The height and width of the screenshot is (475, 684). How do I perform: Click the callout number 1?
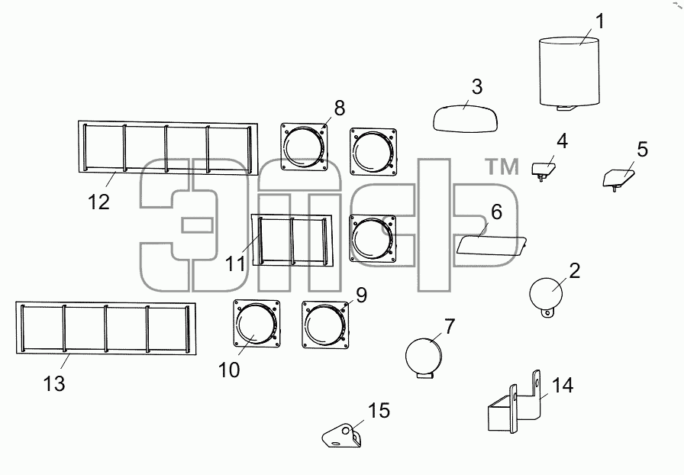coord(600,21)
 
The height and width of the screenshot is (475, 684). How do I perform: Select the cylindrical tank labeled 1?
coord(569,73)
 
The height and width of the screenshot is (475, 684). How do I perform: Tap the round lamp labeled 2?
coord(546,296)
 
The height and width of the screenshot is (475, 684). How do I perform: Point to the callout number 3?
coord(477,87)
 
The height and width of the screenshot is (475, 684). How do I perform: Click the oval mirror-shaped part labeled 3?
coord(466,118)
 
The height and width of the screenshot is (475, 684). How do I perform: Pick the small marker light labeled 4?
coord(544,170)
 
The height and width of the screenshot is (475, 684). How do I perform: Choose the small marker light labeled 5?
coord(618,180)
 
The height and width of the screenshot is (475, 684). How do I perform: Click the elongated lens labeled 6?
coord(491,245)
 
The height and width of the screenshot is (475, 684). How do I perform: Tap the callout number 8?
coord(340,108)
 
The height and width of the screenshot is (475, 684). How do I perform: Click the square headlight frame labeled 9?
coord(325,325)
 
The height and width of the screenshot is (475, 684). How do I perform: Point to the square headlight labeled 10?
coord(256,324)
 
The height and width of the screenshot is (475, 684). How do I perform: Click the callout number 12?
coord(98,202)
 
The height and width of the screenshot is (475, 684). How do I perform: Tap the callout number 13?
coord(54,384)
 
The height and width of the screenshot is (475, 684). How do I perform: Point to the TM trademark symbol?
coord(502,166)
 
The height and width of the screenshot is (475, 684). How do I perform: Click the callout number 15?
coord(379,411)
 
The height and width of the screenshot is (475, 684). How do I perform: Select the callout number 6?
coord(496,212)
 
